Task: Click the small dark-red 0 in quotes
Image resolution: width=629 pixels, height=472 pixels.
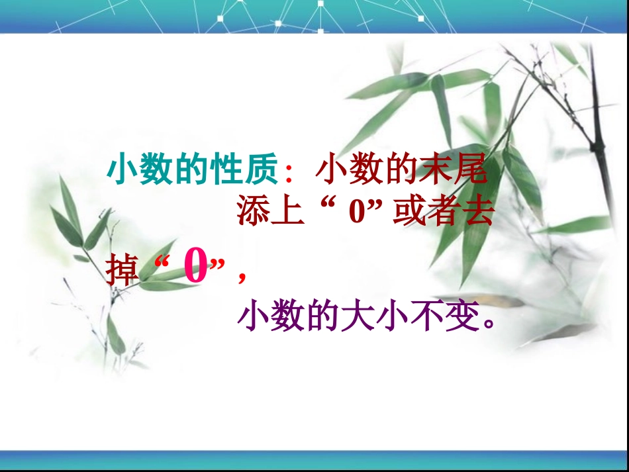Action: (359, 214)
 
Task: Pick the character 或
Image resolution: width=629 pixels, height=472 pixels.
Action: (411, 213)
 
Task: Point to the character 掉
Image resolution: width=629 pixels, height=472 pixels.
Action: (123, 270)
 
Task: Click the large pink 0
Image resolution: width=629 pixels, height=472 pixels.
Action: (196, 269)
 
